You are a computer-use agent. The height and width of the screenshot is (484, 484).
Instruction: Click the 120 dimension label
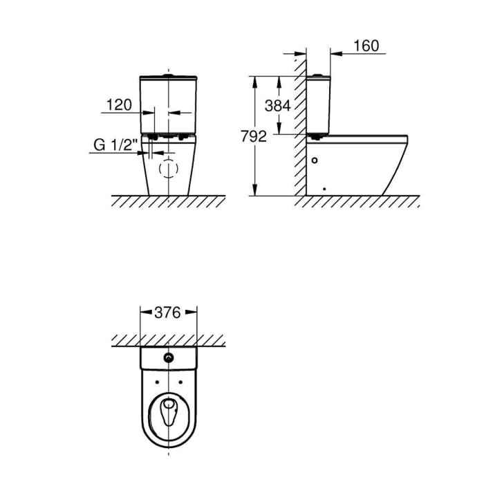coord(118,105)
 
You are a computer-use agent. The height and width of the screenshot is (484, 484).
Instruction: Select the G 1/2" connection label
coord(116,146)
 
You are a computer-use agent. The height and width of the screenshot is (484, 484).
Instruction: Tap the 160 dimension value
coord(366,46)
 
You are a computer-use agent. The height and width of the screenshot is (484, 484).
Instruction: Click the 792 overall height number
coord(253,136)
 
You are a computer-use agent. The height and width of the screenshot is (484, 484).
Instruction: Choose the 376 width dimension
coord(167,313)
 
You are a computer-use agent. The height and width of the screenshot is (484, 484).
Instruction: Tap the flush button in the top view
coord(168,357)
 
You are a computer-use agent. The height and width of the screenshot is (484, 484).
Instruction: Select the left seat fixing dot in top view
coord(157,382)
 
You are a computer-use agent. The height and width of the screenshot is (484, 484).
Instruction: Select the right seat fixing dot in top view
coord(180,382)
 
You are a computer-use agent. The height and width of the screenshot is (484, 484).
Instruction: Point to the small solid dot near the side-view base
coord(324,188)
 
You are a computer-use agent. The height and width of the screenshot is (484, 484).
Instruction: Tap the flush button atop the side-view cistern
coord(318,73)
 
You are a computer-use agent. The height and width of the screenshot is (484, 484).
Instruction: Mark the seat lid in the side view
coord(360,138)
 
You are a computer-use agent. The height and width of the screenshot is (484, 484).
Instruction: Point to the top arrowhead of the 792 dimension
coord(257,80)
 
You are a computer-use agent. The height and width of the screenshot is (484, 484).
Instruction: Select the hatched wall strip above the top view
coord(168,340)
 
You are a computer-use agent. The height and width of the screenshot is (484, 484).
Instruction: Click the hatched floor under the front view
coord(168,201)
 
